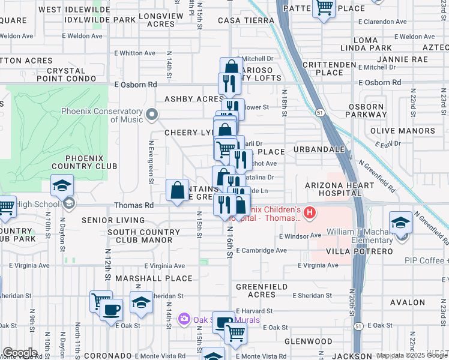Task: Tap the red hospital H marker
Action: (x=310, y=212)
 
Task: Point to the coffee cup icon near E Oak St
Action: (x=111, y=310)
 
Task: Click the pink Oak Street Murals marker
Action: (x=184, y=319)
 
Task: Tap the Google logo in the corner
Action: (x=19, y=353)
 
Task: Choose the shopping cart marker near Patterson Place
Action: (x=324, y=8)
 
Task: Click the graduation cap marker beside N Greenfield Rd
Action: (x=400, y=223)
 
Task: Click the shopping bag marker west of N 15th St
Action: (x=178, y=191)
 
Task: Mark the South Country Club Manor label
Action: (x=143, y=236)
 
